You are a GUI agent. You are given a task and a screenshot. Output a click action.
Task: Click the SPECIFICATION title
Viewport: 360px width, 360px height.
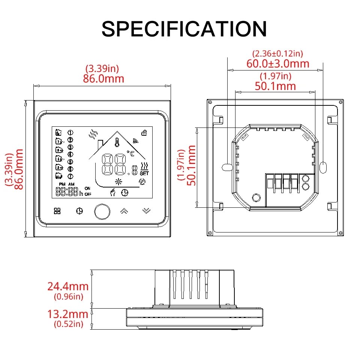tap(184, 29)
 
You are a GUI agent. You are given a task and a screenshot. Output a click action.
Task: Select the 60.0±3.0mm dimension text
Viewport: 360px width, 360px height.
tap(278, 63)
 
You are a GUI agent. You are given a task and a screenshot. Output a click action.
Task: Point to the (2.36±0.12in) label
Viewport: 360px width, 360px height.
tap(278, 54)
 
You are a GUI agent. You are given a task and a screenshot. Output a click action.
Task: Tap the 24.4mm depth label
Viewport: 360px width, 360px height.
tap(67, 286)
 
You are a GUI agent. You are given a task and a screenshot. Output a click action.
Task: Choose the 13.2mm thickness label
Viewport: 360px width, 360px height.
tap(67, 314)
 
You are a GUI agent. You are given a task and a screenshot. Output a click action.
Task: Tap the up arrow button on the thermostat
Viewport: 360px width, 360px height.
tap(123, 211)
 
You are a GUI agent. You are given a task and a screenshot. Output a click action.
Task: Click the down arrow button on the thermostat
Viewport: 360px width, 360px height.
tap(146, 211)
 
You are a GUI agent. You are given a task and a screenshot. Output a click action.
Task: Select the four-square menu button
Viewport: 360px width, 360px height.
tap(57, 211)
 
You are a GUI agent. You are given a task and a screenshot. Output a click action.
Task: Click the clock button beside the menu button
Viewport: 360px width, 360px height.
tap(79, 211)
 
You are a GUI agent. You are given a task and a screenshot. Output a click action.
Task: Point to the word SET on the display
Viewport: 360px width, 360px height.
tap(144, 173)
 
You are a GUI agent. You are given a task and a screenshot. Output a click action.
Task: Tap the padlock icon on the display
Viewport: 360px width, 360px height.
tap(144, 132)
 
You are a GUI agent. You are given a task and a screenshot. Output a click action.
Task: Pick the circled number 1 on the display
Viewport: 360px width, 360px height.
tap(70, 132)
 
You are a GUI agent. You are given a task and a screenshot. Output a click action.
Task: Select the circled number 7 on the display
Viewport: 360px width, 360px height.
tap(70, 176)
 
